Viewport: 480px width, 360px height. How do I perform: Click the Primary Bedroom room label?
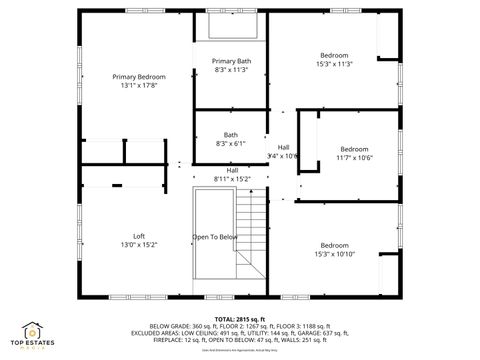(138, 77)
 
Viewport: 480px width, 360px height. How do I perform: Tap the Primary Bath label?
(231, 61)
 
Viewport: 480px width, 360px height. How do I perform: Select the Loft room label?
(139, 236)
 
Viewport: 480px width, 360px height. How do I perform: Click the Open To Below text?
(215, 237)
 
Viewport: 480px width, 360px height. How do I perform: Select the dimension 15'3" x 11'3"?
(334, 64)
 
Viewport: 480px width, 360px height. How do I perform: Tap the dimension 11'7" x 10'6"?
(354, 157)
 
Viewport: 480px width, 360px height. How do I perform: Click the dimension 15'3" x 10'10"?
(334, 254)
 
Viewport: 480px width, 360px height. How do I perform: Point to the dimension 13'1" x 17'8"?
(138, 86)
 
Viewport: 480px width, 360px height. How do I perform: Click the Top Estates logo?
(32, 334)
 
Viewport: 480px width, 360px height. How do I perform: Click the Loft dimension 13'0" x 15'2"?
(139, 245)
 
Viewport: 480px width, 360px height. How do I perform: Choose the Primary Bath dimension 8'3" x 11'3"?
(231, 70)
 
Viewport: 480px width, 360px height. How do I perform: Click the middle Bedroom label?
(354, 148)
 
